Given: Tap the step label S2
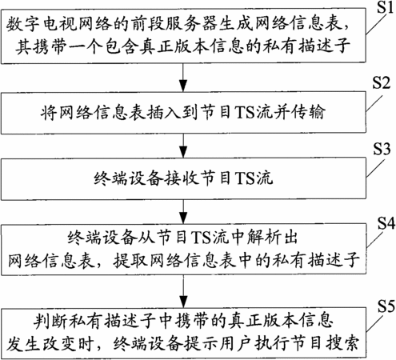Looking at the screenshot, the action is click(382, 82).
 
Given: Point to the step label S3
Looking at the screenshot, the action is click(382, 149).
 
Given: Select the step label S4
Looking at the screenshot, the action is click(386, 222).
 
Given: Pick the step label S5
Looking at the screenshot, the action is click(386, 306).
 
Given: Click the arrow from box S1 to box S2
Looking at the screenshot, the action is click(183, 78).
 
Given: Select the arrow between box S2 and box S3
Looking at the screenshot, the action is click(183, 146).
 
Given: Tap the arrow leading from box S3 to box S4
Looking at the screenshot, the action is click(183, 211).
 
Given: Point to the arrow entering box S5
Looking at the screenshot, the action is click(183, 291).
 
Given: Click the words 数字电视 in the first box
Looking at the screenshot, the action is click(41, 24).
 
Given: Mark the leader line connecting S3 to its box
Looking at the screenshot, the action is click(375, 168).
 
